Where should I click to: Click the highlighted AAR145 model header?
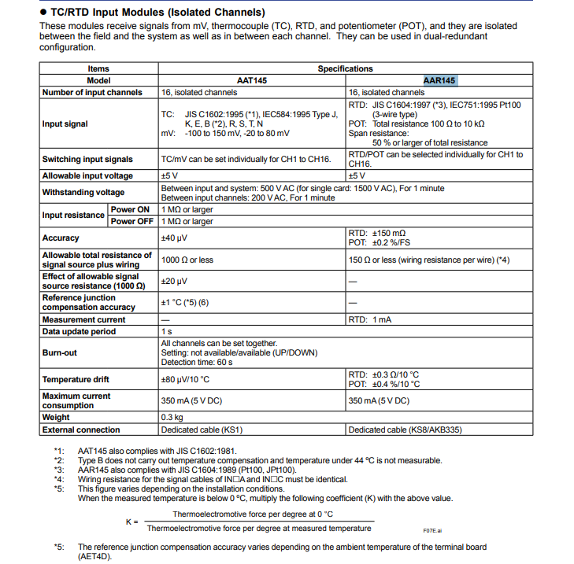point(439,80)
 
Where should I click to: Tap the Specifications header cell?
point(345,68)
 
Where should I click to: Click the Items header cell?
point(98,68)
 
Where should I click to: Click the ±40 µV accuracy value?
point(174,238)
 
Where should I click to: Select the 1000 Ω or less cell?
point(187,260)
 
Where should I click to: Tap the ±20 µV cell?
point(174,281)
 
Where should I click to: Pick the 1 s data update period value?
point(165,332)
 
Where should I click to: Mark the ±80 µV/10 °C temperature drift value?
point(185,380)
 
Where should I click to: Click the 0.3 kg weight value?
point(172,417)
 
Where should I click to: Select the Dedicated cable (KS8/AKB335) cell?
point(401,430)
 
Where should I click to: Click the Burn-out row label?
point(59,353)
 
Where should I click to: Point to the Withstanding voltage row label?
point(83,193)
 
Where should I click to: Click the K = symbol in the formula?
point(131,521)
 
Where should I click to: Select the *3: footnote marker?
point(58,470)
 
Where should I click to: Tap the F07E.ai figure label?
point(432,530)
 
